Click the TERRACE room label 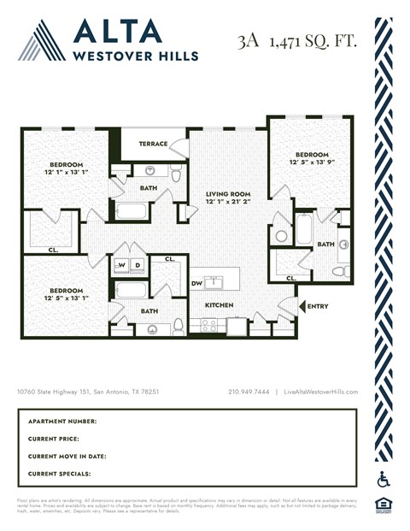click(x=153, y=145)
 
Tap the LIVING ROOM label click(x=228, y=195)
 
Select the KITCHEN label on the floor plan click(x=219, y=305)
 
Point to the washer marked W click(x=122, y=266)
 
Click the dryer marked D click(x=137, y=266)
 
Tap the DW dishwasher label click(x=196, y=283)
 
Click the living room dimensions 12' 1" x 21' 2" click(x=228, y=204)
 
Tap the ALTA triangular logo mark click(x=41, y=39)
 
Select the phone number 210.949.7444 click(x=249, y=392)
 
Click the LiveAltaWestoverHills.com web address click(x=320, y=392)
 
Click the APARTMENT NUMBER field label click(x=62, y=422)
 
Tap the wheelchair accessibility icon click(x=383, y=479)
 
